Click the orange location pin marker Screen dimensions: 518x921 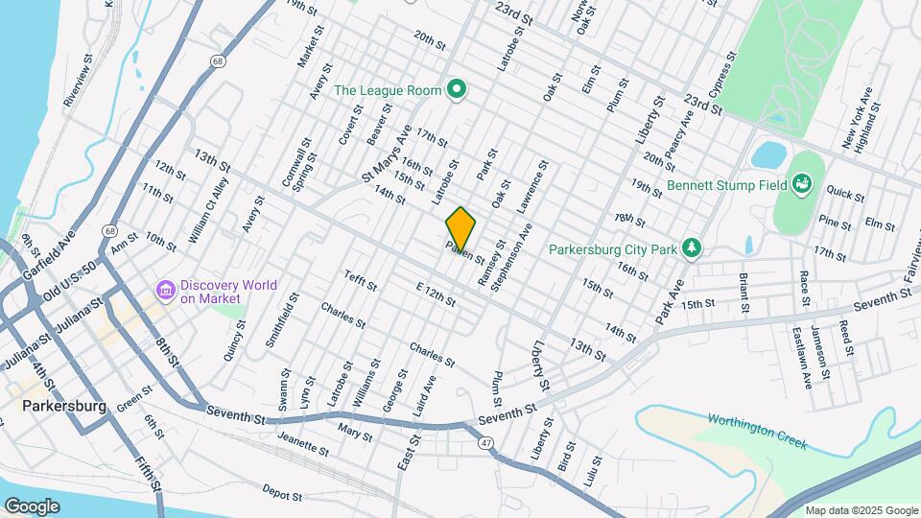[x=460, y=227]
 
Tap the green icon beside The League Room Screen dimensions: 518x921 [x=458, y=91]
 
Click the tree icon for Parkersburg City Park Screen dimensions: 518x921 [x=692, y=249]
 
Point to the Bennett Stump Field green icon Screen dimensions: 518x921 [x=801, y=183]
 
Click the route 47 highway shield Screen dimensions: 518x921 [x=486, y=442]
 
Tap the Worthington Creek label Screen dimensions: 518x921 [x=758, y=432]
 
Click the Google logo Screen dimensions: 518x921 [x=32, y=506]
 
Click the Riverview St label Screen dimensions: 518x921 [x=77, y=85]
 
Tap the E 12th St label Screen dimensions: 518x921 [x=435, y=294]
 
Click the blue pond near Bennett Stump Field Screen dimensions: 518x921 [x=768, y=153]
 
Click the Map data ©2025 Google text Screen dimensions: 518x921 [x=861, y=510]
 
